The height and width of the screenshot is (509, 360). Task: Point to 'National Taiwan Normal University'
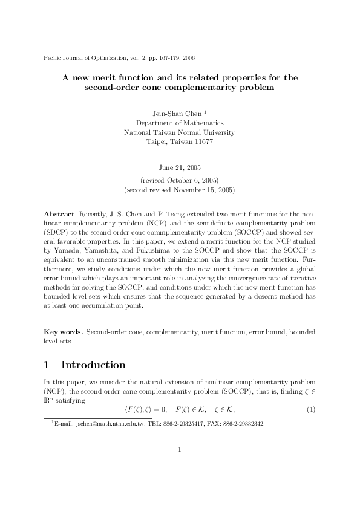(x=180, y=132)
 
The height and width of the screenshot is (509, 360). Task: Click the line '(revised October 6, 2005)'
(x=180, y=180)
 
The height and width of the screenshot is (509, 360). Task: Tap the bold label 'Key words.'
(x=64, y=332)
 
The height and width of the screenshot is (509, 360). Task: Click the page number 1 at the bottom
(x=180, y=466)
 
